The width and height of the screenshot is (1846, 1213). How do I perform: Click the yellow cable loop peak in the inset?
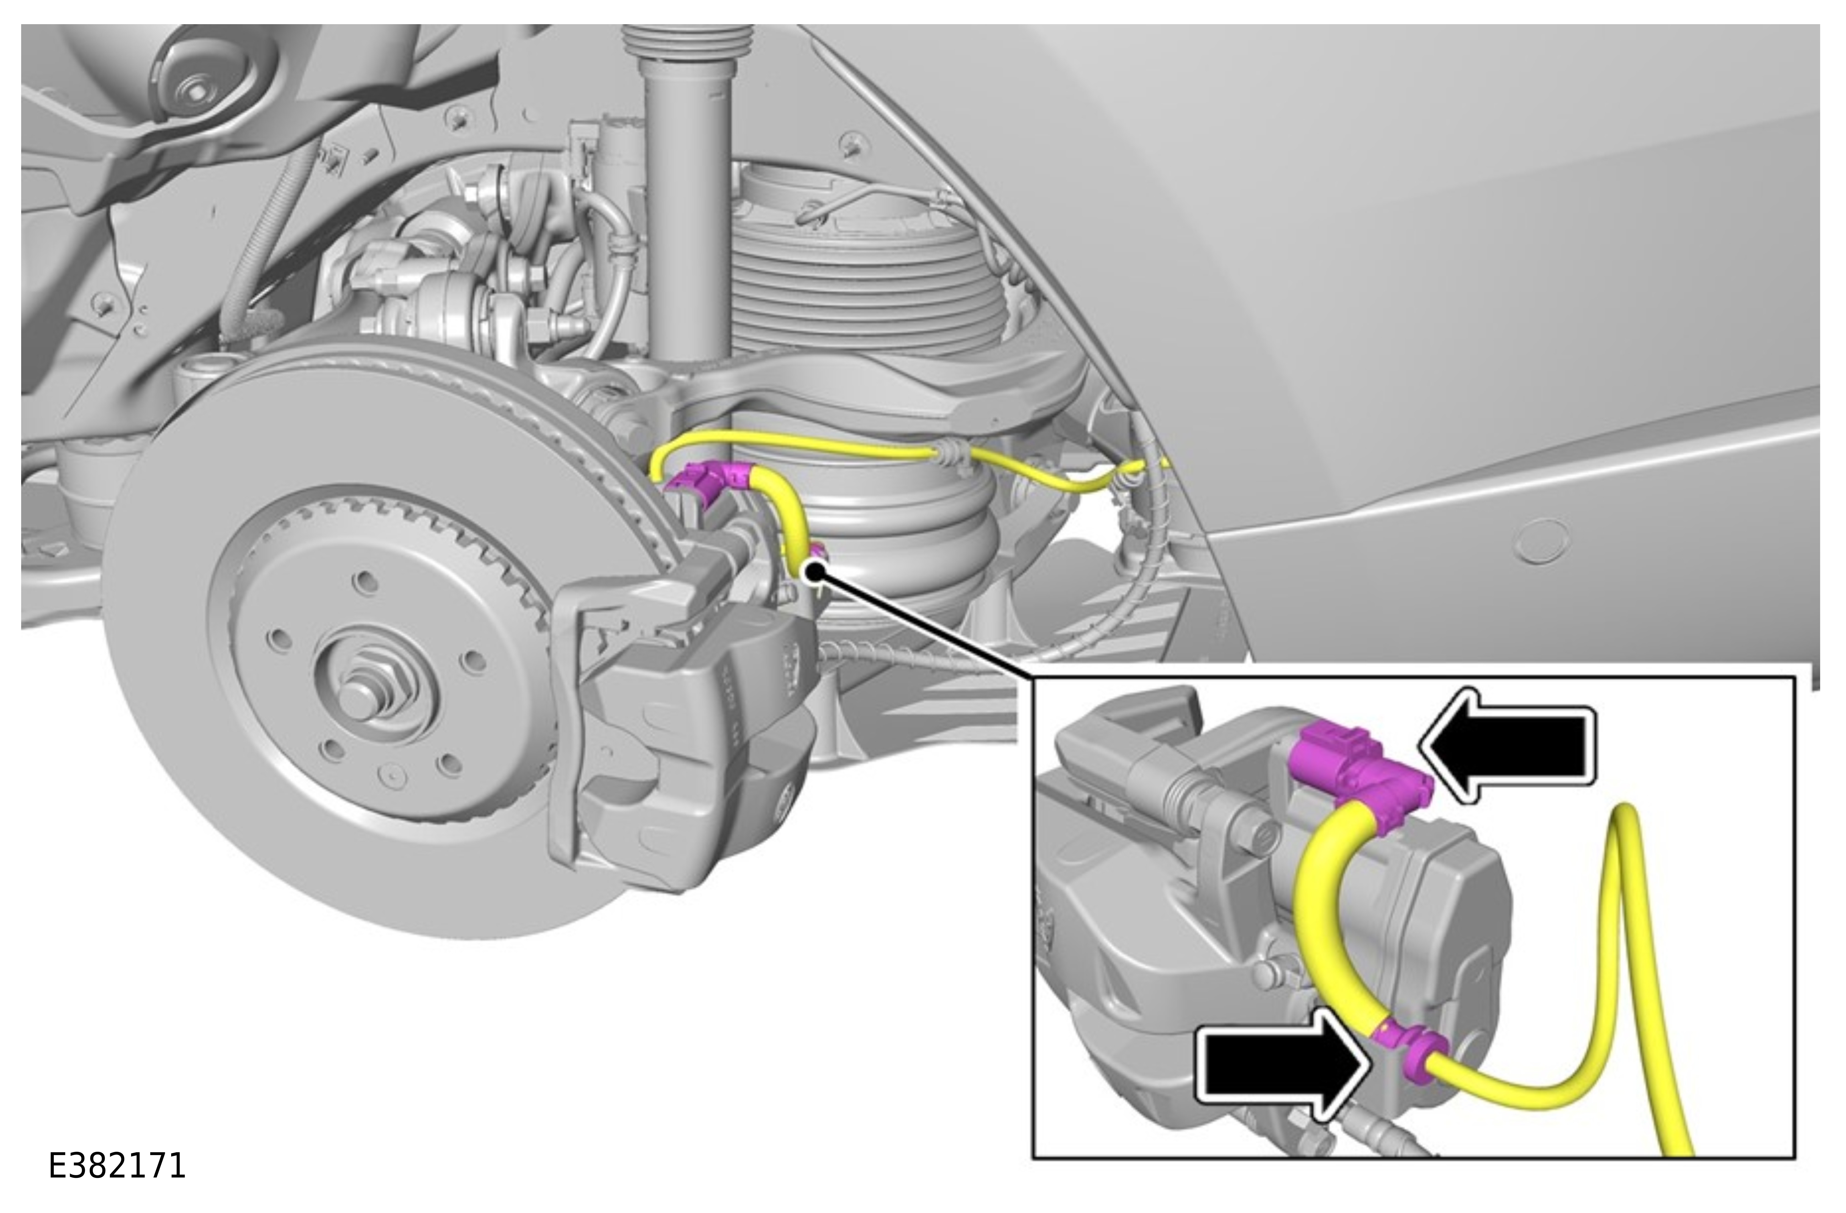[x=1625, y=814]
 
